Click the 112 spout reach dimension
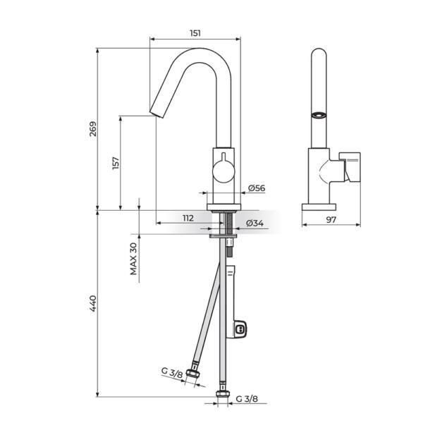pyautogui.click(x=188, y=218)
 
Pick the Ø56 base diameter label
pyautogui.click(x=256, y=188)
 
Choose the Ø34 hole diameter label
pyautogui.click(x=255, y=223)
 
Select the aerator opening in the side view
pyautogui.click(x=319, y=114)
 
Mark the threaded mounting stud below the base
pyautogui.click(x=229, y=224)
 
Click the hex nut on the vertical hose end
pyautogui.click(x=223, y=395)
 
